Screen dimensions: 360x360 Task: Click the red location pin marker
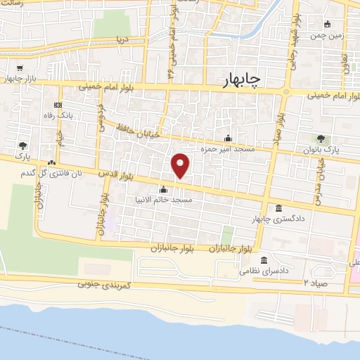(x=181, y=165)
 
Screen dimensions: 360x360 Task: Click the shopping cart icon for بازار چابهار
(x=15, y=67)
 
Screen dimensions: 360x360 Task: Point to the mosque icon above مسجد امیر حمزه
(x=227, y=138)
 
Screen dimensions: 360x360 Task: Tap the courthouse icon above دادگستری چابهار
(x=279, y=209)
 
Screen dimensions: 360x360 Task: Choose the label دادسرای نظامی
(x=261, y=270)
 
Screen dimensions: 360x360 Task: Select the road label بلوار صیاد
(x=279, y=127)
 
